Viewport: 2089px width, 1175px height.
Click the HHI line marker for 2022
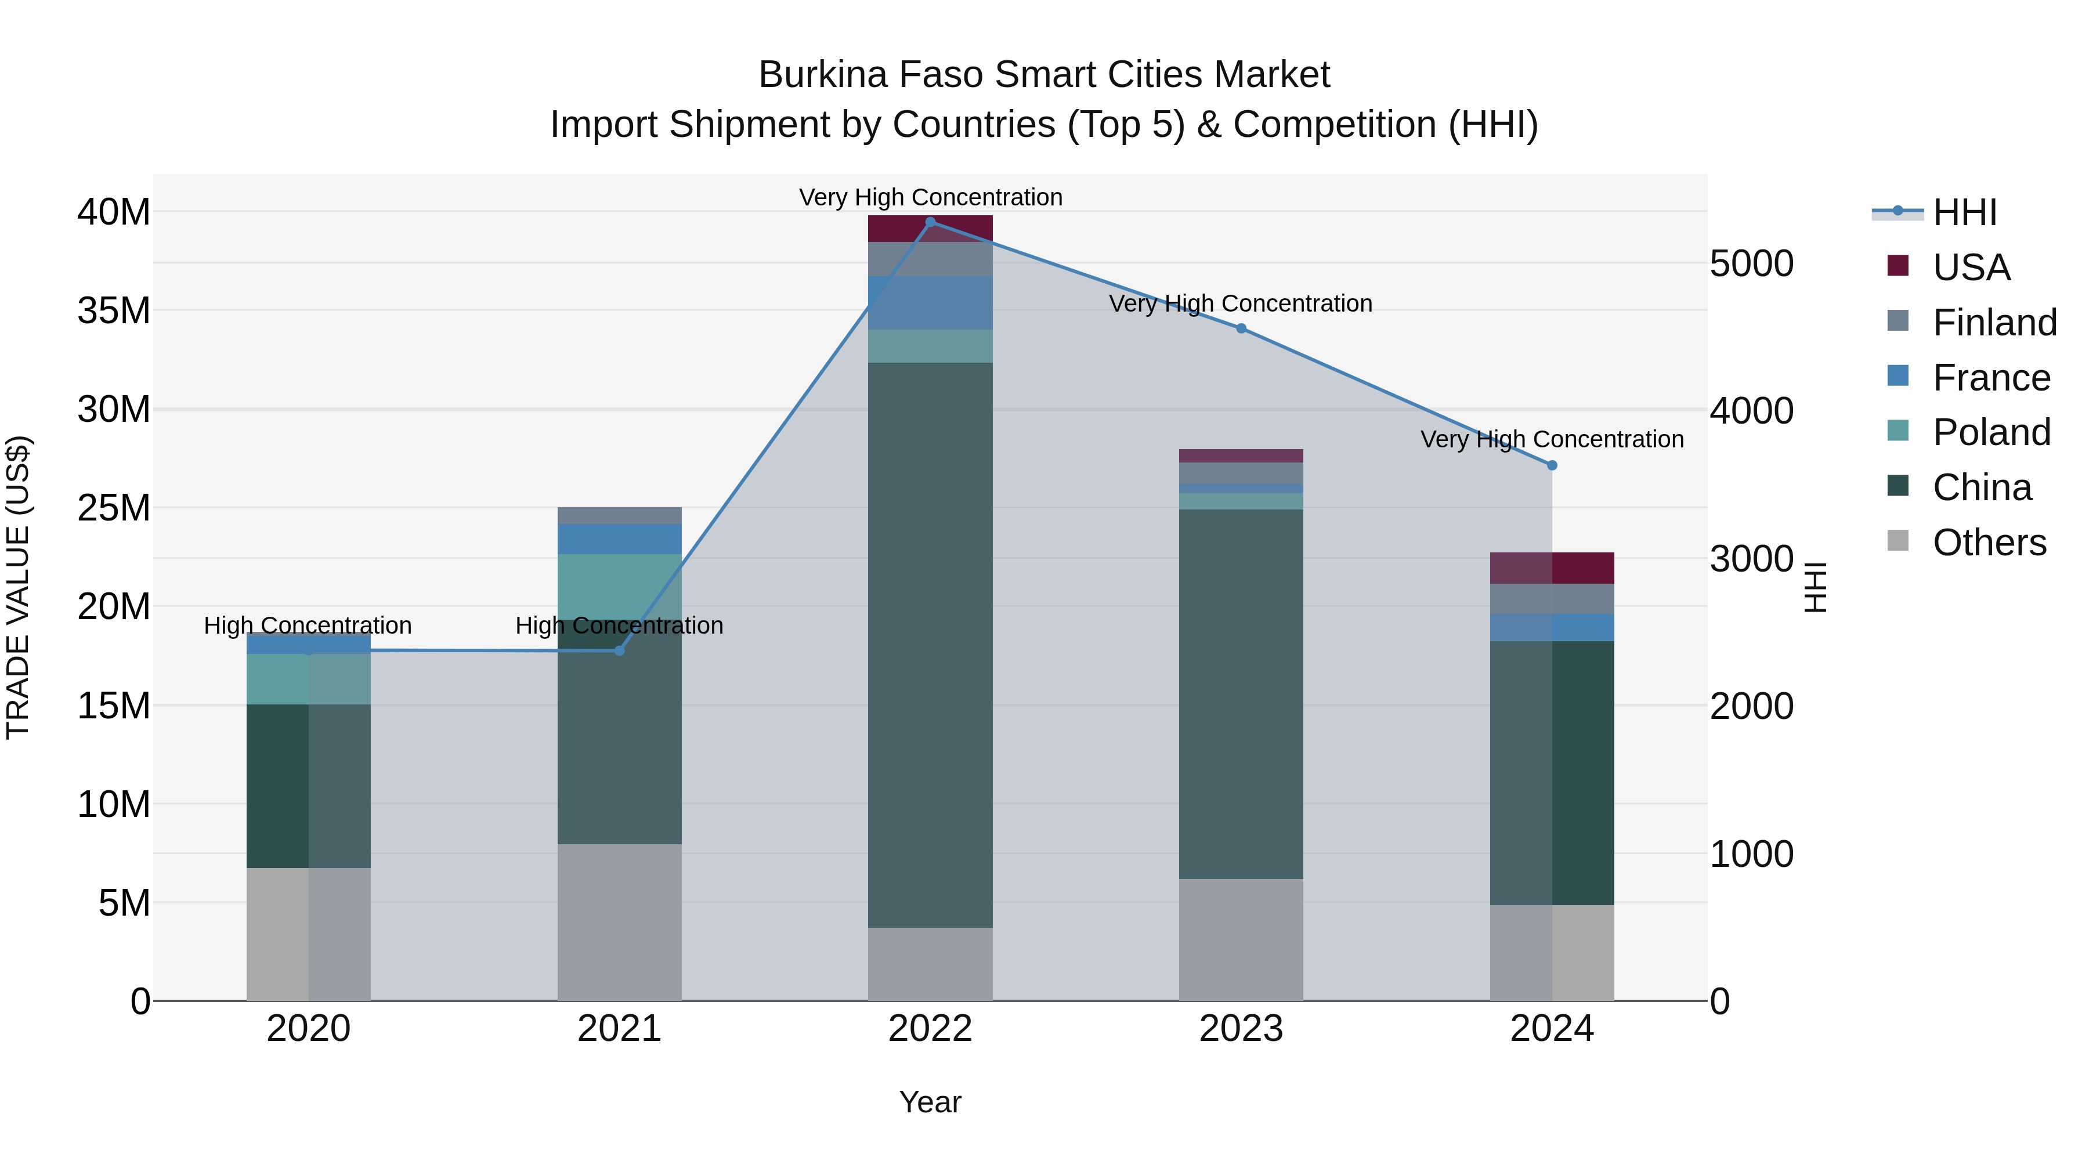click(930, 222)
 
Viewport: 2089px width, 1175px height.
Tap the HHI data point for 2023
click(1241, 328)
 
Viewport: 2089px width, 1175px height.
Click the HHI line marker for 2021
click(620, 650)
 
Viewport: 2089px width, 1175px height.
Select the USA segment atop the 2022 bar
click(930, 229)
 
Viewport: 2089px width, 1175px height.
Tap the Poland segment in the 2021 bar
click(620, 585)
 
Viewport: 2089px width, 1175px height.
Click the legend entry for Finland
click(1994, 322)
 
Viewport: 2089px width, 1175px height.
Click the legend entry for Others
click(1989, 542)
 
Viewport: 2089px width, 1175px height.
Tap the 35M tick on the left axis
click(114, 310)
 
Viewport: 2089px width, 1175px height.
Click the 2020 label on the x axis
click(308, 1029)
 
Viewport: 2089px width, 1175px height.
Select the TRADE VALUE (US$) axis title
click(18, 587)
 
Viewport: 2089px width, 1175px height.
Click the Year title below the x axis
click(930, 1102)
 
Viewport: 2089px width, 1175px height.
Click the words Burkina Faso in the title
click(871, 75)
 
